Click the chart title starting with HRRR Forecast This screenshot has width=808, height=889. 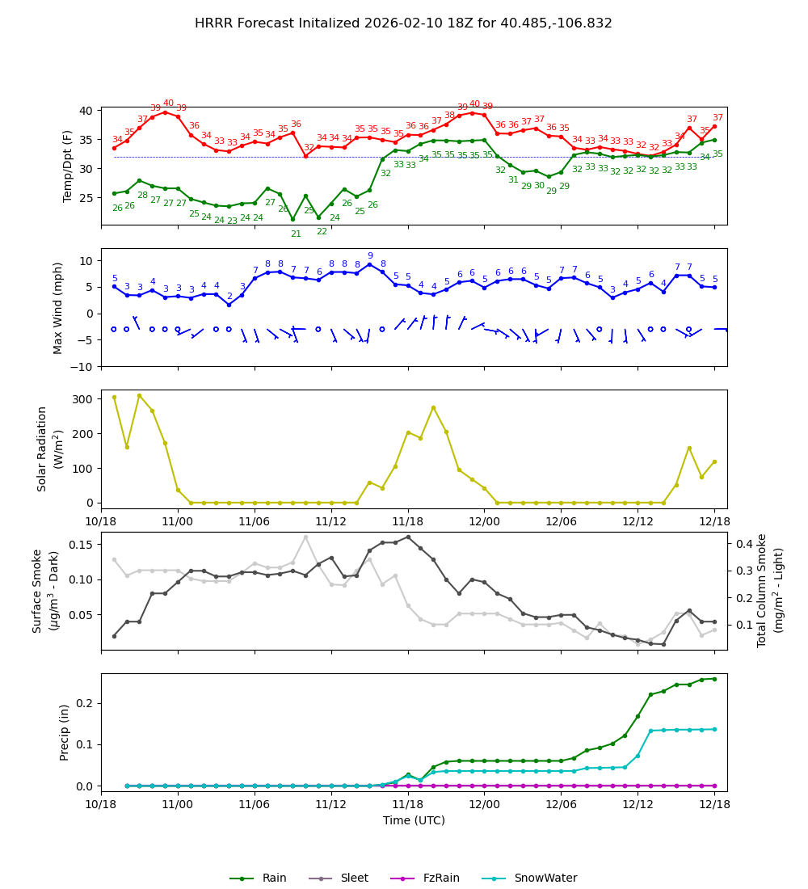point(403,23)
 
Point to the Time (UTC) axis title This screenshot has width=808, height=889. point(414,820)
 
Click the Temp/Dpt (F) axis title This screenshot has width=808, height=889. point(68,166)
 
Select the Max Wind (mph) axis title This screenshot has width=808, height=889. point(58,307)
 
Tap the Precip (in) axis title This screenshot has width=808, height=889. point(65,732)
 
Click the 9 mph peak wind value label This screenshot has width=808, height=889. point(370,256)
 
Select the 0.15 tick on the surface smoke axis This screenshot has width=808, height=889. point(78,545)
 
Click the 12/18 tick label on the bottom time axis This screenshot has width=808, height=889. point(714,804)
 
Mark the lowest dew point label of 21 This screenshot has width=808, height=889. point(296,234)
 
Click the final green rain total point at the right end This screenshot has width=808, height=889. point(714,679)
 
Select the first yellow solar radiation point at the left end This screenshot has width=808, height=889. point(114,397)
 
